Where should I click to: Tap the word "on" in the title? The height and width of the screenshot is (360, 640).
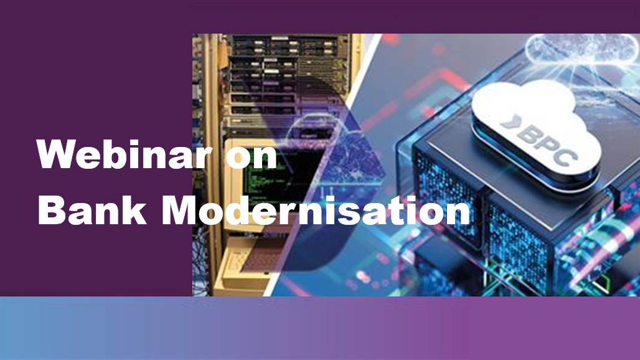(252, 158)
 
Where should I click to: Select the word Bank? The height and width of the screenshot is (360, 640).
(92, 210)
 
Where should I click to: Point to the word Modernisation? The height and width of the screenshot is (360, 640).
(316, 210)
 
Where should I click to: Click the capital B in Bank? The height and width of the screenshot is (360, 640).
(51, 210)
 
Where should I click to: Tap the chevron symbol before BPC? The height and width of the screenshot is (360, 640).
(511, 121)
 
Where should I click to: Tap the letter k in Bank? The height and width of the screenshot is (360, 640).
(134, 210)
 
